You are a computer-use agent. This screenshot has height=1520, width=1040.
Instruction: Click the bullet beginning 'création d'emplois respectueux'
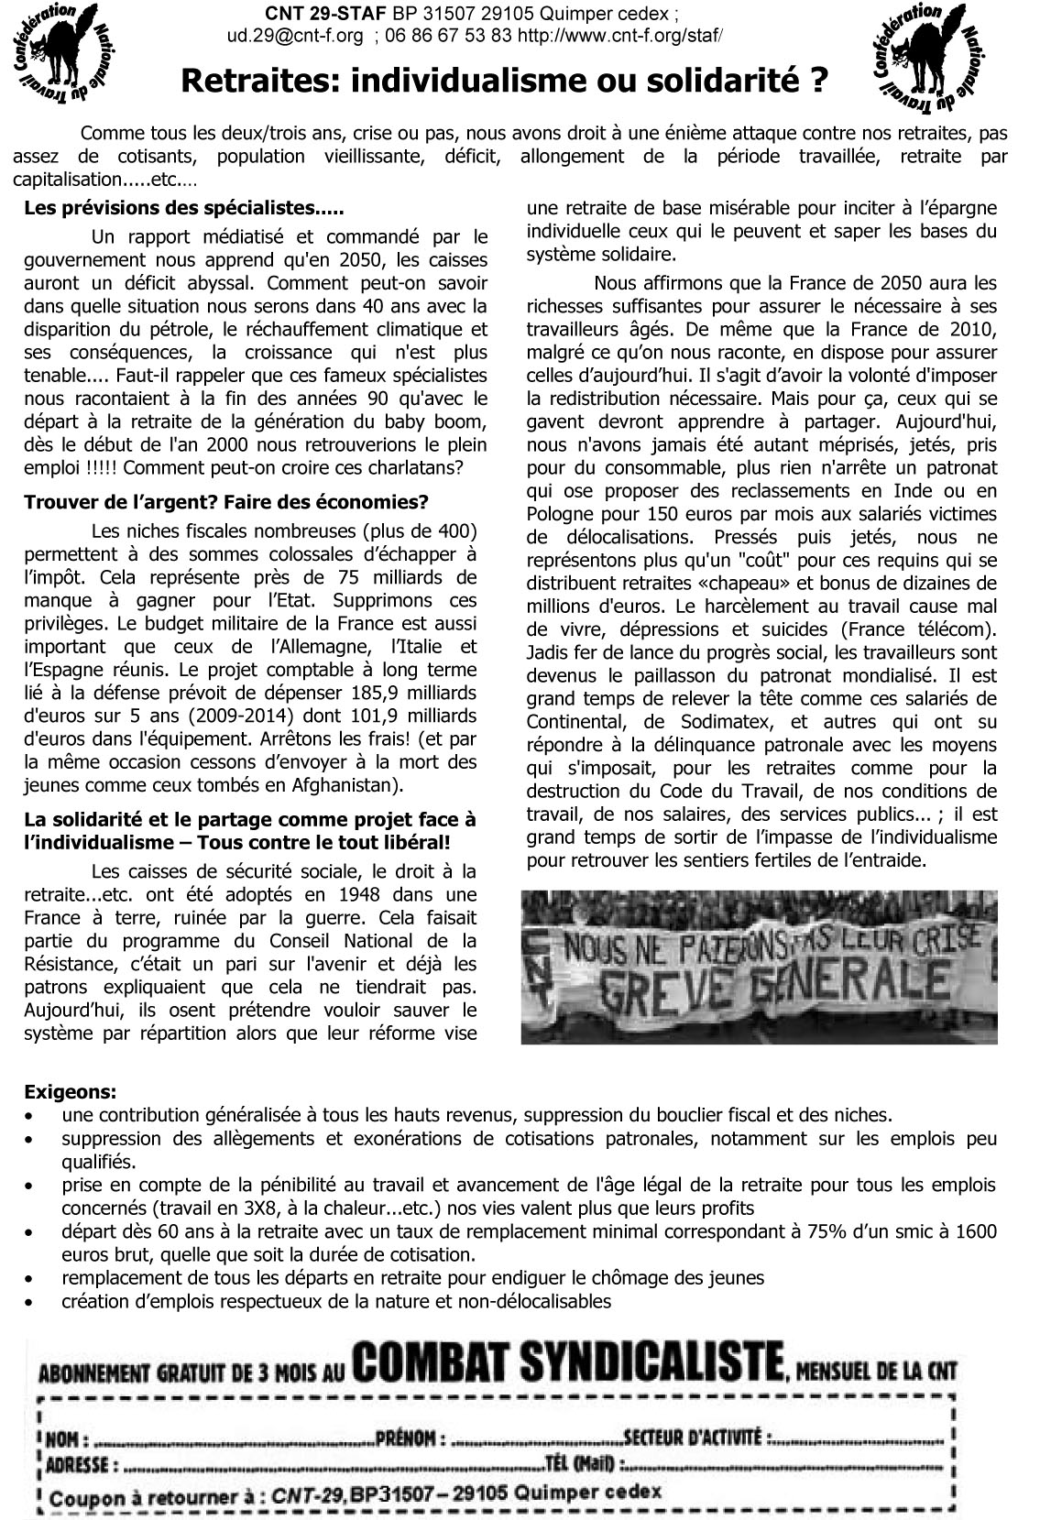pyautogui.click(x=335, y=1301)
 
